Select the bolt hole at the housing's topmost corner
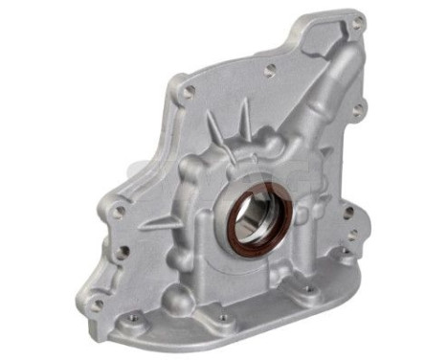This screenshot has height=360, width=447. tap(357, 23)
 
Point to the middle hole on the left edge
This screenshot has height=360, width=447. tap(123, 251)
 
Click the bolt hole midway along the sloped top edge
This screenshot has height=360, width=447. tap(271, 68)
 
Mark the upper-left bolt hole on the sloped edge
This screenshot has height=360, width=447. tap(188, 91)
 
